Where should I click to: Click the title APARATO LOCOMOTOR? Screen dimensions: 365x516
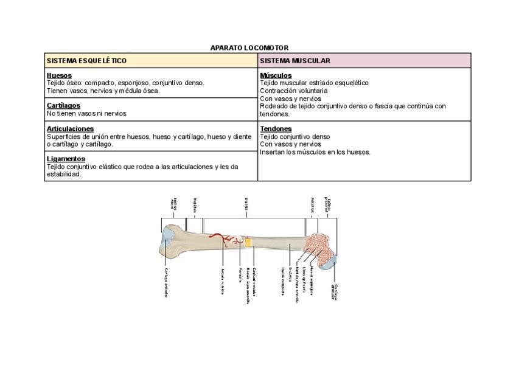click(x=249, y=47)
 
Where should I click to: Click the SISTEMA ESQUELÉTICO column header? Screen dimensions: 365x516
click(x=86, y=61)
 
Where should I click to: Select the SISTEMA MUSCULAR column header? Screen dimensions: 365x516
click(x=295, y=61)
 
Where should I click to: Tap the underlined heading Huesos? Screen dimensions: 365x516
click(x=59, y=75)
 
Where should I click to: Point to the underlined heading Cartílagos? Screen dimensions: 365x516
click(x=63, y=106)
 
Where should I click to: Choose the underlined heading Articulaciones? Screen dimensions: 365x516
click(x=70, y=129)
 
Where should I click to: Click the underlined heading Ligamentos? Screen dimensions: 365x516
click(x=66, y=159)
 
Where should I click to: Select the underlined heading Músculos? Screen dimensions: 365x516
click(x=276, y=75)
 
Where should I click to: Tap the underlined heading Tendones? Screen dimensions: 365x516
click(x=276, y=129)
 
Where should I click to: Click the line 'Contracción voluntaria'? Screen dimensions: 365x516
click(x=293, y=91)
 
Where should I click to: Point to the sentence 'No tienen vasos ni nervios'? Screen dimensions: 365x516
click(x=86, y=114)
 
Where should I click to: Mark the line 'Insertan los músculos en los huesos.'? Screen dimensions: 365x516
click(x=315, y=152)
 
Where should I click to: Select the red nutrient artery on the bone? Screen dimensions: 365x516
click(x=228, y=242)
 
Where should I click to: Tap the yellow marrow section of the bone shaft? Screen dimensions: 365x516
click(x=249, y=243)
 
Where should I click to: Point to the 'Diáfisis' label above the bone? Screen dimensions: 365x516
click(x=246, y=206)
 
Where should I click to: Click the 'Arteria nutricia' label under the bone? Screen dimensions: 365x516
click(x=223, y=282)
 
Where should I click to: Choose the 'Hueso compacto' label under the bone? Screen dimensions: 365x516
click(x=283, y=281)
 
